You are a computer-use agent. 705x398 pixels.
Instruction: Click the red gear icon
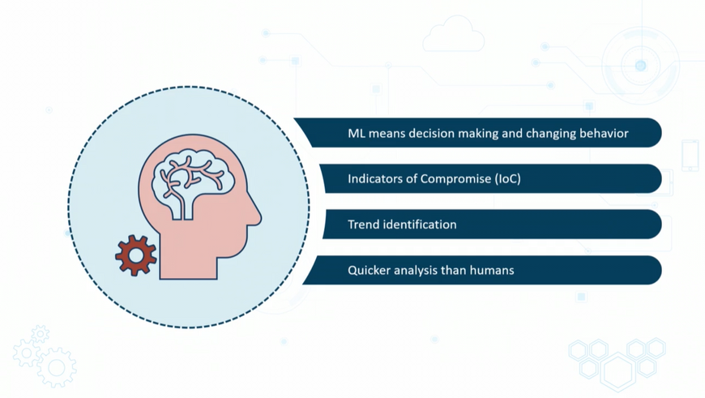coord(135,255)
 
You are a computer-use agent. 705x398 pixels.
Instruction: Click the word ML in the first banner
coord(357,133)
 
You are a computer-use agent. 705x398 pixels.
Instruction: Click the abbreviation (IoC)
coord(507,178)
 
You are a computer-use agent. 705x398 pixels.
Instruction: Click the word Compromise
coord(455,179)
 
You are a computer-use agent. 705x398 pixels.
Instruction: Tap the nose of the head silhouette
coord(258,216)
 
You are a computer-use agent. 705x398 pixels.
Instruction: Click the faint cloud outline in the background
coord(453,37)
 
